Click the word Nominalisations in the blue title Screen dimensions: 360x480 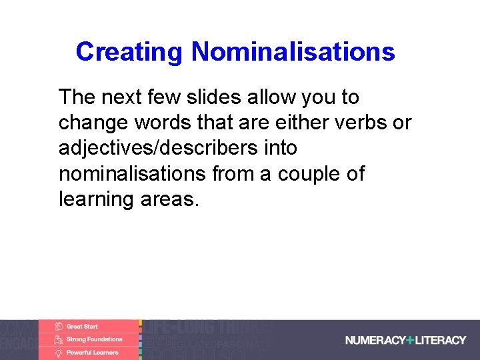click(x=293, y=51)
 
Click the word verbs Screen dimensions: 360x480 click(x=365, y=123)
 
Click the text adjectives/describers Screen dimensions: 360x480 click(x=155, y=149)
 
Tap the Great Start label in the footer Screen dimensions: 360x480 click(x=82, y=327)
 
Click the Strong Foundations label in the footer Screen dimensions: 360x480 click(x=94, y=339)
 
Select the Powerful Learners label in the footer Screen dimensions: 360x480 click(x=92, y=352)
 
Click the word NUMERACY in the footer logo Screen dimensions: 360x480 click(x=375, y=340)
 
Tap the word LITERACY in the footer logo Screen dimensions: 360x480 click(x=441, y=340)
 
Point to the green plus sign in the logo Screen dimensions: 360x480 click(x=410, y=340)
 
